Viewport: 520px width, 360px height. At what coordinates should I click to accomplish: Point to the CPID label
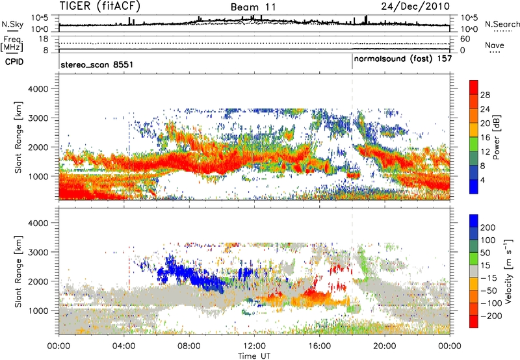tap(15, 61)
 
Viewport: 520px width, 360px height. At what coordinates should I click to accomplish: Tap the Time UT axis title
tap(254, 355)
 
